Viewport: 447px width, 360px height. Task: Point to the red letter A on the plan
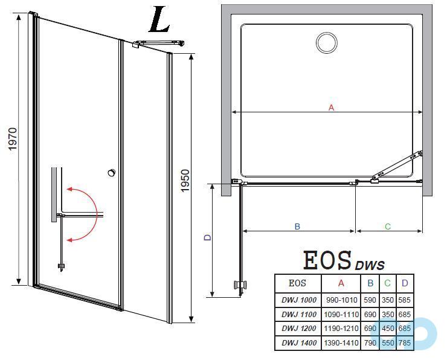point(330,108)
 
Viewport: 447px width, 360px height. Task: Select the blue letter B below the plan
point(297,227)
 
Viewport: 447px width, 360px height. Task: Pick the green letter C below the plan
point(388,227)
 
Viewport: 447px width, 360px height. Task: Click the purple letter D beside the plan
point(207,238)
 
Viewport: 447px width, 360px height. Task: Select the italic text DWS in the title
point(370,265)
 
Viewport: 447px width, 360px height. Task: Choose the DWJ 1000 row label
point(298,300)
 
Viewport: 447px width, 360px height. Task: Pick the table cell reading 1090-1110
point(341,314)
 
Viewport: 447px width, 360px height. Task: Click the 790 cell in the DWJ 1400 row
point(370,343)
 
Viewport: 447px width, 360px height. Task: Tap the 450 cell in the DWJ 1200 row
point(388,329)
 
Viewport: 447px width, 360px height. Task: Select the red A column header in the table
point(341,283)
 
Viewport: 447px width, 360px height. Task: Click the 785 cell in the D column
point(405,343)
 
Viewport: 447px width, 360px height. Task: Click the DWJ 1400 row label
point(298,343)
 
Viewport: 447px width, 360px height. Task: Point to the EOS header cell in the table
point(298,283)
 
